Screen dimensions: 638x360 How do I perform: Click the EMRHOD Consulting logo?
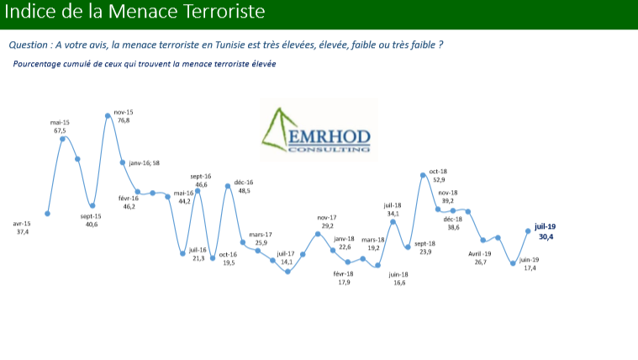(x=319, y=130)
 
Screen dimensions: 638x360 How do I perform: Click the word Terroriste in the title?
(x=224, y=11)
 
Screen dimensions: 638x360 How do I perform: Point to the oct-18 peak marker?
(x=423, y=175)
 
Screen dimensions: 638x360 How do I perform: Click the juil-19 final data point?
(x=528, y=231)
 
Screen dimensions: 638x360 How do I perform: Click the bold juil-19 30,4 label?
(x=546, y=231)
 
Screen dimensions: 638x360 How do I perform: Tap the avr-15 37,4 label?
(x=22, y=228)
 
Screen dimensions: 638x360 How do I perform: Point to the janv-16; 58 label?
(x=144, y=163)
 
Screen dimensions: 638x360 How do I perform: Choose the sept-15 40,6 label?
(x=91, y=220)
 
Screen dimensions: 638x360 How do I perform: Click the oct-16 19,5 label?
(x=228, y=258)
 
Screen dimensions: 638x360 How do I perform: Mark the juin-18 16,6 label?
(x=398, y=278)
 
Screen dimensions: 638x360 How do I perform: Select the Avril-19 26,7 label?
(x=480, y=257)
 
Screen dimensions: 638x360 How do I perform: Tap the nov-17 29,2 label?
(x=327, y=221)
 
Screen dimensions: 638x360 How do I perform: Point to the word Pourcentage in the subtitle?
(x=37, y=64)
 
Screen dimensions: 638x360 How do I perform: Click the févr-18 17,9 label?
(x=344, y=278)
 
